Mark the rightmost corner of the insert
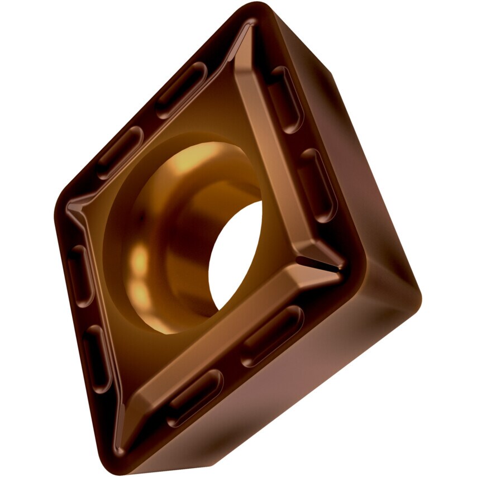tap(418, 290)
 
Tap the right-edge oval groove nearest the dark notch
tap(316, 184)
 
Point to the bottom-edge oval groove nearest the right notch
tap(271, 336)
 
